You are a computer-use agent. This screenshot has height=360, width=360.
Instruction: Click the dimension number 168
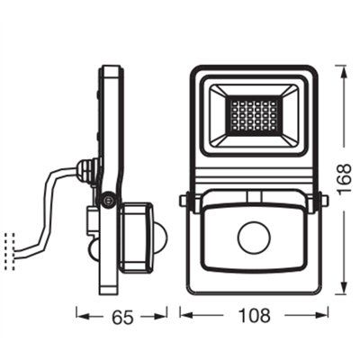pyautogui.click(x=343, y=179)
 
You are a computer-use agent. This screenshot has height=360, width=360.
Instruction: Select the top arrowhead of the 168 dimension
pyautogui.click(x=341, y=68)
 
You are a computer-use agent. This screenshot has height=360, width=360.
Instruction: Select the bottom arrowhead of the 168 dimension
pyautogui.click(x=341, y=292)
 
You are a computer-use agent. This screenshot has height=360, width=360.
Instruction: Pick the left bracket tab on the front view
pyautogui.click(x=184, y=203)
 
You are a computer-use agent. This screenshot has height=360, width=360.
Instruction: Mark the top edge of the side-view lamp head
pyautogui.click(x=110, y=66)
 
